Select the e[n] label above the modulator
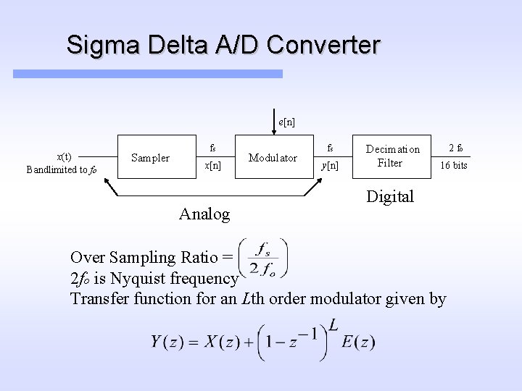click(286, 122)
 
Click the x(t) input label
click(65, 156)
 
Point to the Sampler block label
click(150, 157)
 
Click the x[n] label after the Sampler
click(212, 166)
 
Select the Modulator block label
click(273, 157)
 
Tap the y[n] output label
click(330, 166)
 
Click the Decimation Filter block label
click(392, 156)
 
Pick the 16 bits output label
click(455, 166)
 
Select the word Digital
click(389, 196)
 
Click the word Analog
click(204, 214)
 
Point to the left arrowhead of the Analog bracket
click(106, 183)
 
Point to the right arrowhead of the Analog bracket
click(315, 183)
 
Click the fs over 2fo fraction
click(262, 257)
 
